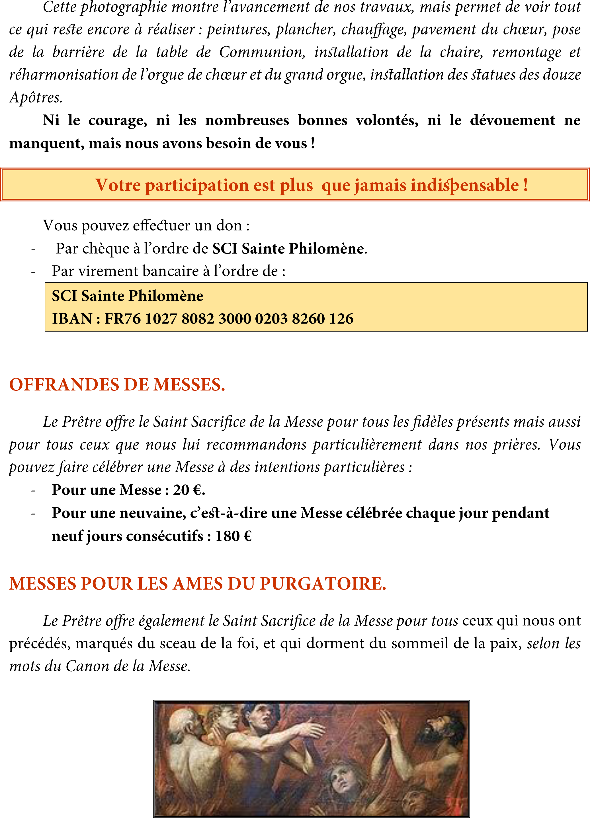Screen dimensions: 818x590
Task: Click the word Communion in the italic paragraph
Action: (x=262, y=53)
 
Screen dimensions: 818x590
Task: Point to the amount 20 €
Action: (x=189, y=490)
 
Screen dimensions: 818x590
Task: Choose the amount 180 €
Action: (x=233, y=536)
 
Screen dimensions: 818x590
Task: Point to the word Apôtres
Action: (x=36, y=97)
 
